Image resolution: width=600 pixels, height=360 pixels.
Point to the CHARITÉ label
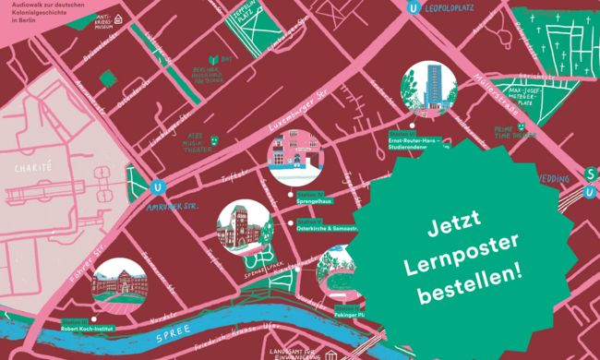click(34, 169)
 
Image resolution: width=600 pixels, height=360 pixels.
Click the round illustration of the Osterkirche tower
click(244, 227)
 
